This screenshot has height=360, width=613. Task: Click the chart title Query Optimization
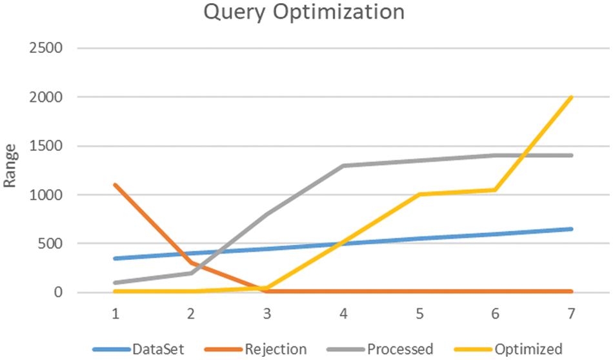304,12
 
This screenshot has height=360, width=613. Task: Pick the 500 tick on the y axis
51,244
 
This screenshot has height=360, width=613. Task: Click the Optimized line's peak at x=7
572,97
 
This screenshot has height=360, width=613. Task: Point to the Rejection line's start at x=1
116,185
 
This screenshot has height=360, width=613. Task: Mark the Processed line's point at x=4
343,166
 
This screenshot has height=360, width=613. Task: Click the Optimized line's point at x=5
419,195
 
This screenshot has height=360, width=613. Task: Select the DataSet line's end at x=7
572,229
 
